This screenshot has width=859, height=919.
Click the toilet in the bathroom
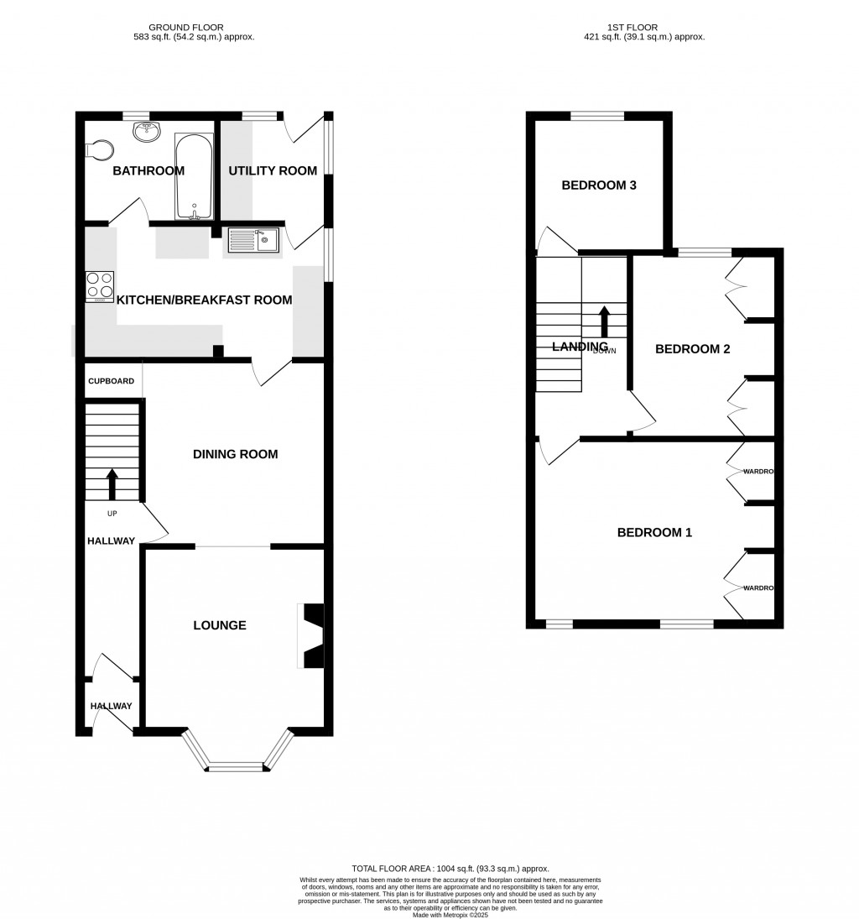click(x=99, y=149)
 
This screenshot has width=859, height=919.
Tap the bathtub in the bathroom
click(x=193, y=176)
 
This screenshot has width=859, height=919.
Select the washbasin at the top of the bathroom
click(x=148, y=130)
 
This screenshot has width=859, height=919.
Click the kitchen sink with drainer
click(x=252, y=241)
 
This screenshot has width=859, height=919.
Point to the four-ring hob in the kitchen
click(x=100, y=286)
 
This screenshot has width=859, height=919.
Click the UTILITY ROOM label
click(x=273, y=171)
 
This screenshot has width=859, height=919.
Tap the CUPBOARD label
click(x=111, y=381)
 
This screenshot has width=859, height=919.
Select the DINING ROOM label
click(x=235, y=454)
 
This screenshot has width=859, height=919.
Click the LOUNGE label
click(x=220, y=625)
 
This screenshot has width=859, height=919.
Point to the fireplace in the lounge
click(x=312, y=635)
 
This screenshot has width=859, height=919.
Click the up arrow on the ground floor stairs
click(x=112, y=484)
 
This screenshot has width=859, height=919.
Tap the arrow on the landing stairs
click(x=604, y=321)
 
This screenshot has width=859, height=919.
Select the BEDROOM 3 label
click(x=599, y=185)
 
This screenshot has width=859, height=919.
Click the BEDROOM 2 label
click(x=692, y=349)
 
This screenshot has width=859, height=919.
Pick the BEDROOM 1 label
click(x=654, y=532)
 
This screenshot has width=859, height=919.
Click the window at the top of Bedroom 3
click(x=598, y=117)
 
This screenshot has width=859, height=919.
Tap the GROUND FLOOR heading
click(x=195, y=28)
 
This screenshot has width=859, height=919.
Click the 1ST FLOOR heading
click(x=644, y=28)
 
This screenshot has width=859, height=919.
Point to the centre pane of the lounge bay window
click(x=237, y=766)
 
